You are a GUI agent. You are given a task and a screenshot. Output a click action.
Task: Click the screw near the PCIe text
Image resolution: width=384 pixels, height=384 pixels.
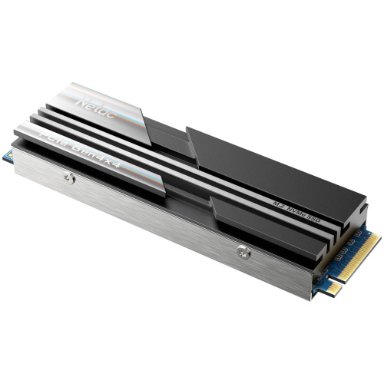69,178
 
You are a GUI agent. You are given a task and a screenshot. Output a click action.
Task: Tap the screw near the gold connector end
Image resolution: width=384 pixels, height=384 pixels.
243,250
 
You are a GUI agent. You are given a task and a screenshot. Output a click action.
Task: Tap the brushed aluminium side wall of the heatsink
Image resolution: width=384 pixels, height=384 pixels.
154,223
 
